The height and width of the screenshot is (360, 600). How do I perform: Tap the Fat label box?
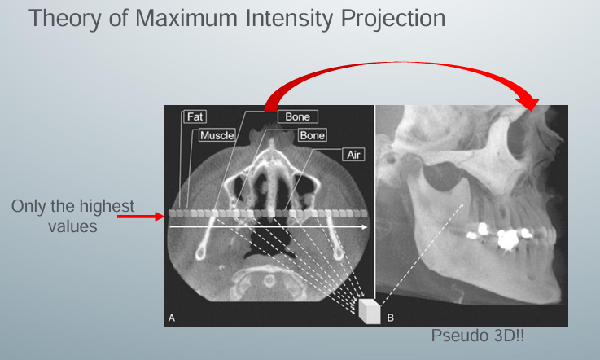pyautogui.click(x=195, y=116)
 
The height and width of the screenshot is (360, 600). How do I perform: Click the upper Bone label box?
pyautogui.click(x=297, y=116)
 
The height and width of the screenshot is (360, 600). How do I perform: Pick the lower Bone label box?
pyautogui.click(x=312, y=134)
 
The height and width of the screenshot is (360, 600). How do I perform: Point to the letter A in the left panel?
pyautogui.click(x=171, y=318)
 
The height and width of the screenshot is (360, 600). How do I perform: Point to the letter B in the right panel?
pyautogui.click(x=391, y=318)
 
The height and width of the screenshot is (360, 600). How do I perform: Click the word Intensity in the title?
pyautogui.click(x=280, y=17)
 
